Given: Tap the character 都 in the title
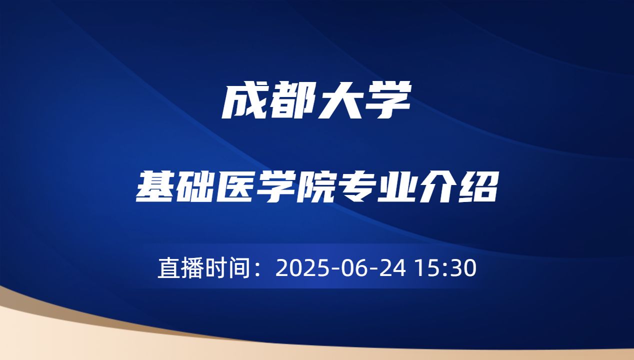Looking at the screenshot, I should tap(291, 102).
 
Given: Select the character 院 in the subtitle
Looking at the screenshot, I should tap(316, 186).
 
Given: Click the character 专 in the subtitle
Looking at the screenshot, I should tap(357, 186).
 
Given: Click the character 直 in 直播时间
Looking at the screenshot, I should tap(168, 268).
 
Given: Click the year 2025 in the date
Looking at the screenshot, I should tap(298, 268).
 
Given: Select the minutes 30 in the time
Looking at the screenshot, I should tap(461, 268).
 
